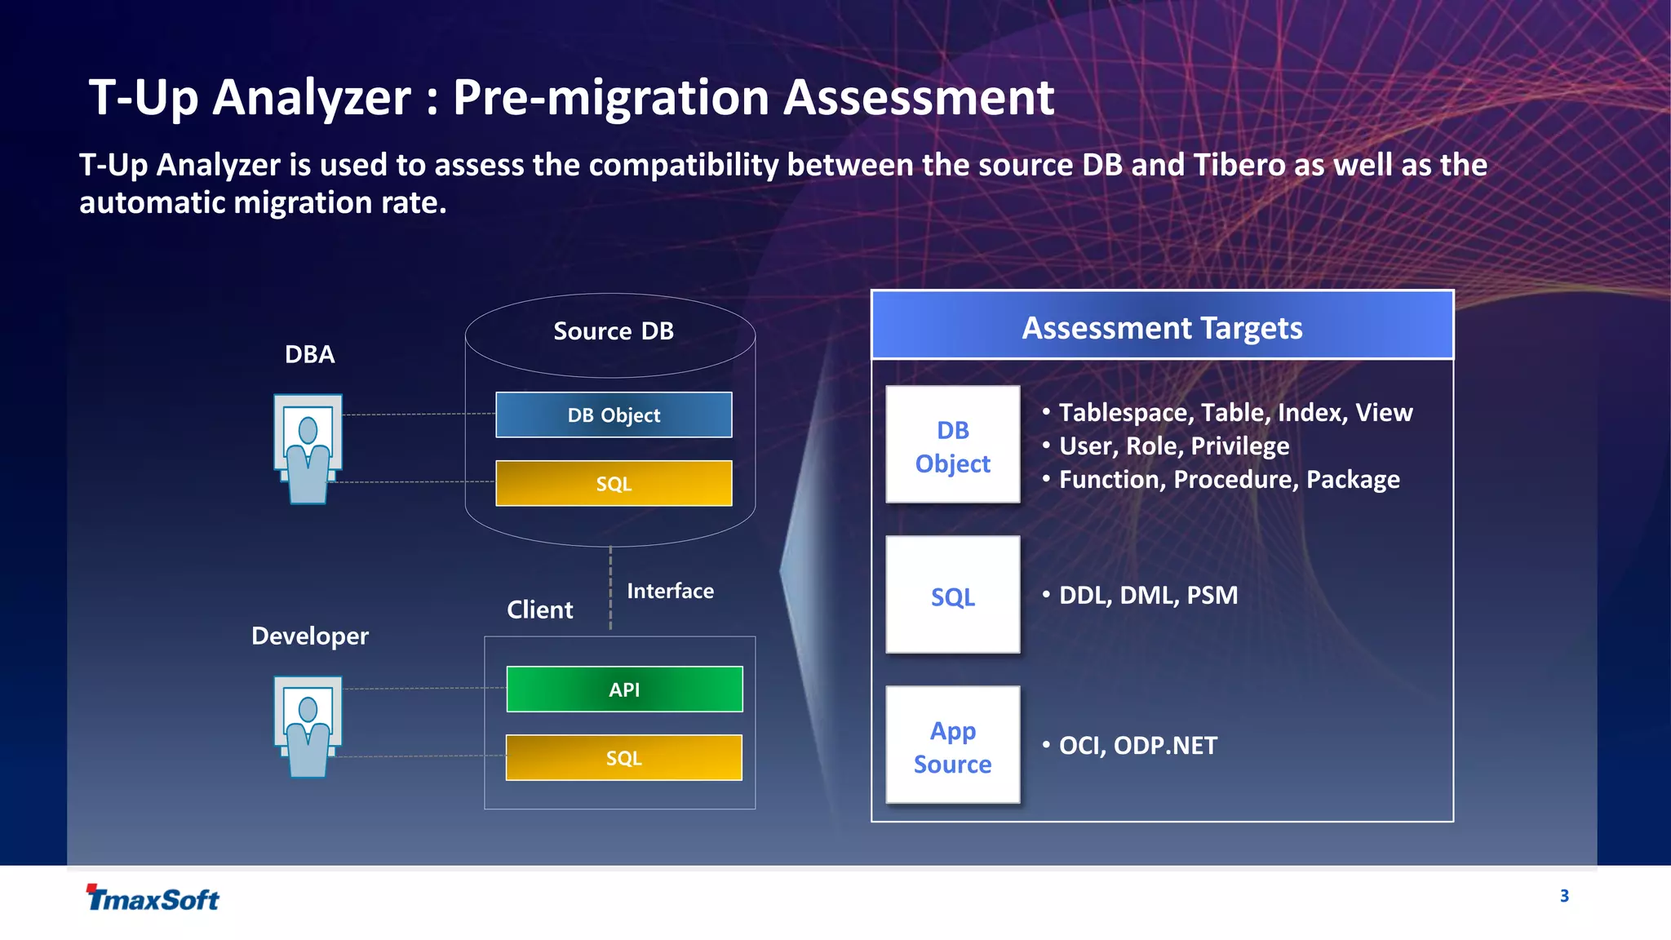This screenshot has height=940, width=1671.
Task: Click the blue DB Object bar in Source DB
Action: pos(614,415)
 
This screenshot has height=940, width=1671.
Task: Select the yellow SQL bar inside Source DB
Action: pos(614,483)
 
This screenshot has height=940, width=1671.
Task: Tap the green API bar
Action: pos(624,689)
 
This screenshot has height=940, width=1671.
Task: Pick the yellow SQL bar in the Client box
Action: pos(624,758)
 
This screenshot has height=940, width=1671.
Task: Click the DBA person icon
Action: pos(308,449)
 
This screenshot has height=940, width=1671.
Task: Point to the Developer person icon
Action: pos(308,726)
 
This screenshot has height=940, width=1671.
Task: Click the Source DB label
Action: pos(614,330)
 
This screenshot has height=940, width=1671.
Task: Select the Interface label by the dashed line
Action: pos(670,591)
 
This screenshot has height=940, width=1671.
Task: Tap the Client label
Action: pos(539,610)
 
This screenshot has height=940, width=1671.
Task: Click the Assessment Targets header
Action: pos(1162,326)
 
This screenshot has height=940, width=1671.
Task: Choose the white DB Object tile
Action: pos(952,446)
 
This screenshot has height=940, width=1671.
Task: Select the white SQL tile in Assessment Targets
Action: pos(952,596)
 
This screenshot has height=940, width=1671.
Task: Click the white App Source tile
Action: pos(952,746)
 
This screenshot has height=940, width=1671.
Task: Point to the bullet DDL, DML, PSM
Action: pos(1147,595)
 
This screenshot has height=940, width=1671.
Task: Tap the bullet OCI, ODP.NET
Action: pos(1137,745)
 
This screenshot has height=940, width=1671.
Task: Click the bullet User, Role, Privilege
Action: pos(1173,446)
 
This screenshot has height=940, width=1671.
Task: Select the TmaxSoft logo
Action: pos(153,898)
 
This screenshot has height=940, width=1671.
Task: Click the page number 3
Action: pos(1564,896)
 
